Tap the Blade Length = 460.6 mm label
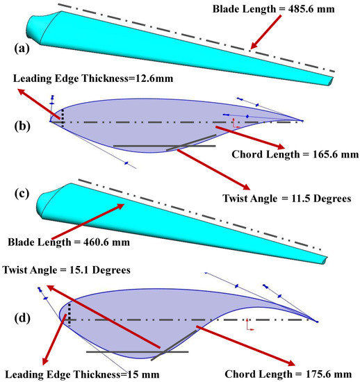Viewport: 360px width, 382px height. [74, 242]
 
